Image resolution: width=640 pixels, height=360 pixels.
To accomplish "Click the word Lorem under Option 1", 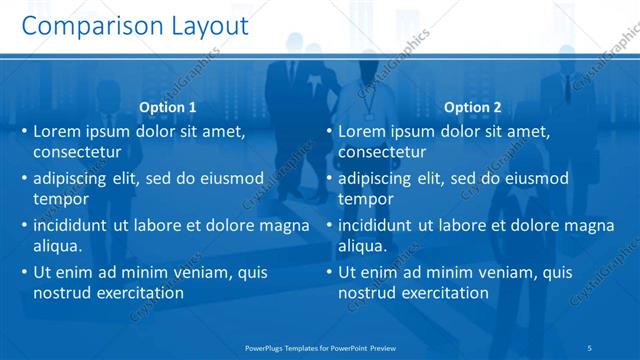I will click(x=57, y=131).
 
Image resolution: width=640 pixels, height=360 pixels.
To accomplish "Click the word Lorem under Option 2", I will click(x=361, y=131).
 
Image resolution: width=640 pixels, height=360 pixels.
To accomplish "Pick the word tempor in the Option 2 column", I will click(x=364, y=200).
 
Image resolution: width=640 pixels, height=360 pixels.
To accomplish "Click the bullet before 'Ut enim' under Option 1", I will click(x=23, y=272).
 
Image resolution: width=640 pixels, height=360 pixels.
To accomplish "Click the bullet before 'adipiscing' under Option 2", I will click(x=327, y=179).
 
